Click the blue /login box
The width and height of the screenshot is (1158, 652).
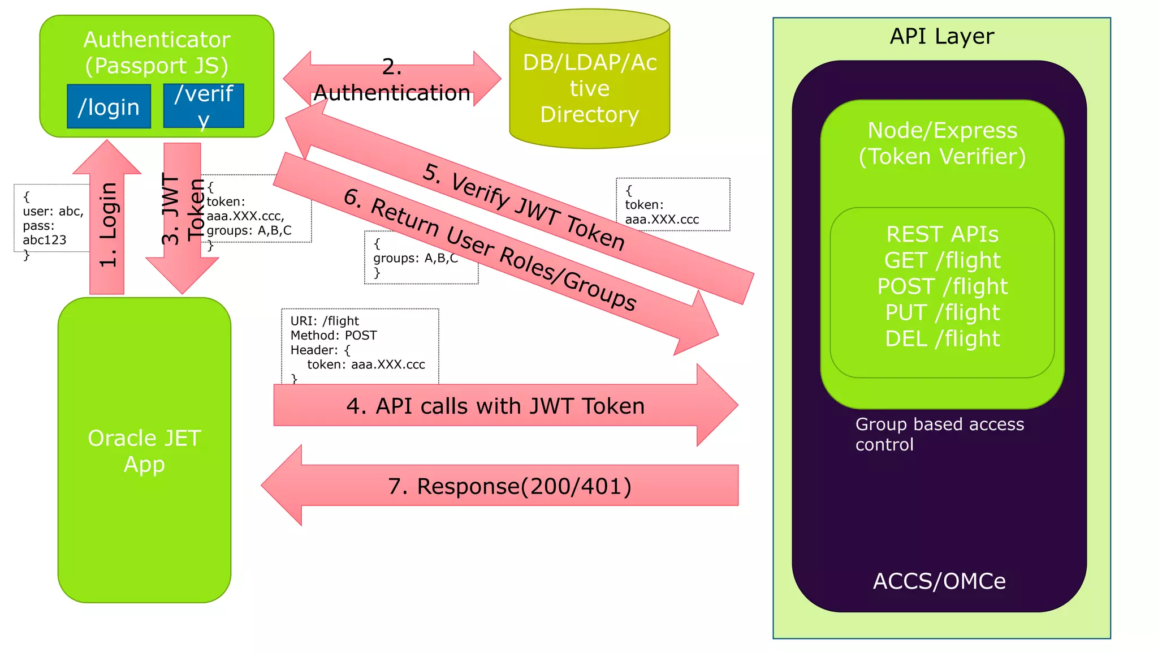click(x=109, y=107)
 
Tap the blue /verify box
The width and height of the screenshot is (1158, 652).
click(x=204, y=106)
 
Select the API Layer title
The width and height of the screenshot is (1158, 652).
click(x=941, y=36)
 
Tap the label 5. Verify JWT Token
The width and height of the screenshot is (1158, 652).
click(x=524, y=207)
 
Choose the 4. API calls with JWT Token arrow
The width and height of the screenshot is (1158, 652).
click(x=495, y=406)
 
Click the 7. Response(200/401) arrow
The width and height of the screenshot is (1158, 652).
click(x=509, y=486)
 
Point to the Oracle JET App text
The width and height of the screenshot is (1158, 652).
click(x=144, y=451)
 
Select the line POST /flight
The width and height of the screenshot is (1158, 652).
click(x=942, y=286)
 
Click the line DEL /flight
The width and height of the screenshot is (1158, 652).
click(x=942, y=338)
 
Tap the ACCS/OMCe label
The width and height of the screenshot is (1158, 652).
click(x=939, y=581)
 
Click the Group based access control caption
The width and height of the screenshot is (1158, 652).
click(x=939, y=434)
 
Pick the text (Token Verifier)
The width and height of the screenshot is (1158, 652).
click(x=942, y=157)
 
